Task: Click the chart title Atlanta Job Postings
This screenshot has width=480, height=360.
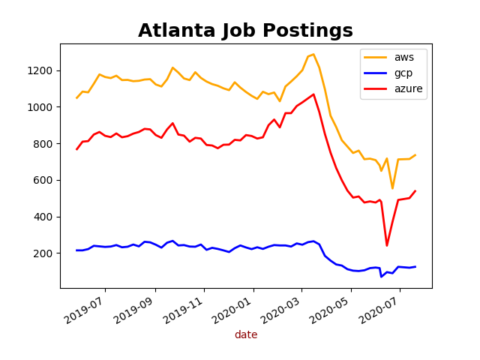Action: tap(245, 31)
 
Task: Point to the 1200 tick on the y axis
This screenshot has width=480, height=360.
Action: tap(42, 70)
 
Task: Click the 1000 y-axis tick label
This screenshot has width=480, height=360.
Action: tap(42, 107)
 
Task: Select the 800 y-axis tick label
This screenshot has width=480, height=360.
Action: tap(45, 144)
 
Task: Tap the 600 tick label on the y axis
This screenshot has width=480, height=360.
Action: tap(45, 180)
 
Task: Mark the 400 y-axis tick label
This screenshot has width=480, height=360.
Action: tap(45, 217)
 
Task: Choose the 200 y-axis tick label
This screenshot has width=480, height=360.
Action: tap(45, 253)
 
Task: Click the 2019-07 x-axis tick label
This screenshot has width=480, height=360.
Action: tap(84, 309)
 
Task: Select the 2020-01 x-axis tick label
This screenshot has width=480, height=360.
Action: tap(232, 309)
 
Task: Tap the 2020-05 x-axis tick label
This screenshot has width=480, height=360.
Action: tap(329, 309)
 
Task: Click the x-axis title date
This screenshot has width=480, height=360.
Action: tap(246, 335)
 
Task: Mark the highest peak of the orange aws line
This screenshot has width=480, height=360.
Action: tap(313, 54)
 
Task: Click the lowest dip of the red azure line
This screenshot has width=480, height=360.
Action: tap(387, 245)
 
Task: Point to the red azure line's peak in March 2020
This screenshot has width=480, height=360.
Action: tap(313, 94)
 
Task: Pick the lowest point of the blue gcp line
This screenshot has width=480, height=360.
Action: tap(381, 277)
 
